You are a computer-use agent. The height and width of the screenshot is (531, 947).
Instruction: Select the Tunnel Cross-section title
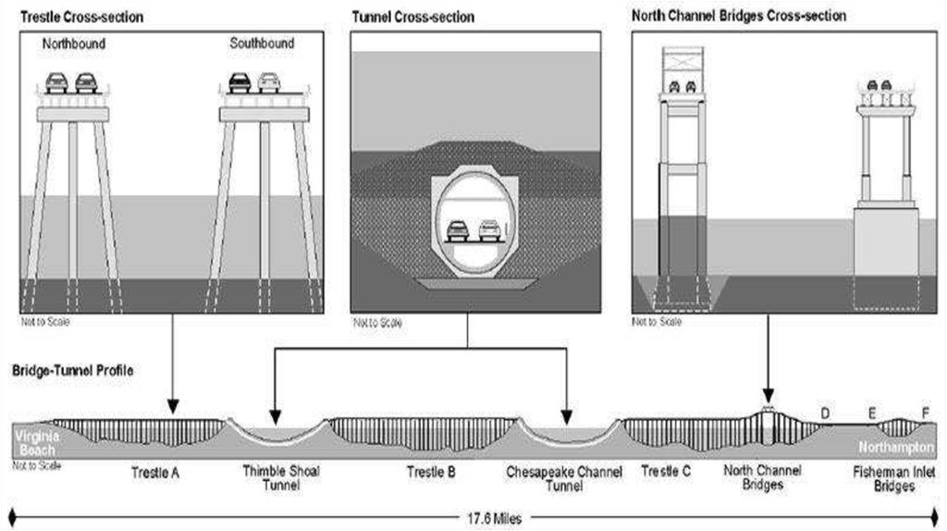(x=412, y=17)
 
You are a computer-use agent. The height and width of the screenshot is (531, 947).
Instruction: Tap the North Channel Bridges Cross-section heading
(x=739, y=16)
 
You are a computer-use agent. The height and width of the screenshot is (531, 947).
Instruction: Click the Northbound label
(x=74, y=43)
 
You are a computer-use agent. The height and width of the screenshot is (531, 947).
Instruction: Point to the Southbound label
(x=262, y=43)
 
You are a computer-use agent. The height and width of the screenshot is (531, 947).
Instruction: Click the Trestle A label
(x=154, y=473)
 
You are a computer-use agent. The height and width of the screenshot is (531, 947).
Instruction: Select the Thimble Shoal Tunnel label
(x=281, y=478)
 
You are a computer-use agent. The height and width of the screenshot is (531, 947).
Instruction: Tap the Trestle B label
(x=431, y=473)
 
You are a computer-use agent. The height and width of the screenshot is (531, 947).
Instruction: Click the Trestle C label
(x=666, y=472)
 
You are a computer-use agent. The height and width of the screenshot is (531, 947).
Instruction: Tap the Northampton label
(x=902, y=447)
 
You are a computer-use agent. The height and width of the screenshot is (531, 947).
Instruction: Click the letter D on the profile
(x=824, y=413)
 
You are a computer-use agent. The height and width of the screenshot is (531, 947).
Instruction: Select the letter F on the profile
(x=924, y=413)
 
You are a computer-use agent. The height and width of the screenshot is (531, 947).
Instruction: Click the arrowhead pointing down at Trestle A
(x=172, y=408)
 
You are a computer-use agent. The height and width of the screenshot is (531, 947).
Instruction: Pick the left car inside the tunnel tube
(x=457, y=229)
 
